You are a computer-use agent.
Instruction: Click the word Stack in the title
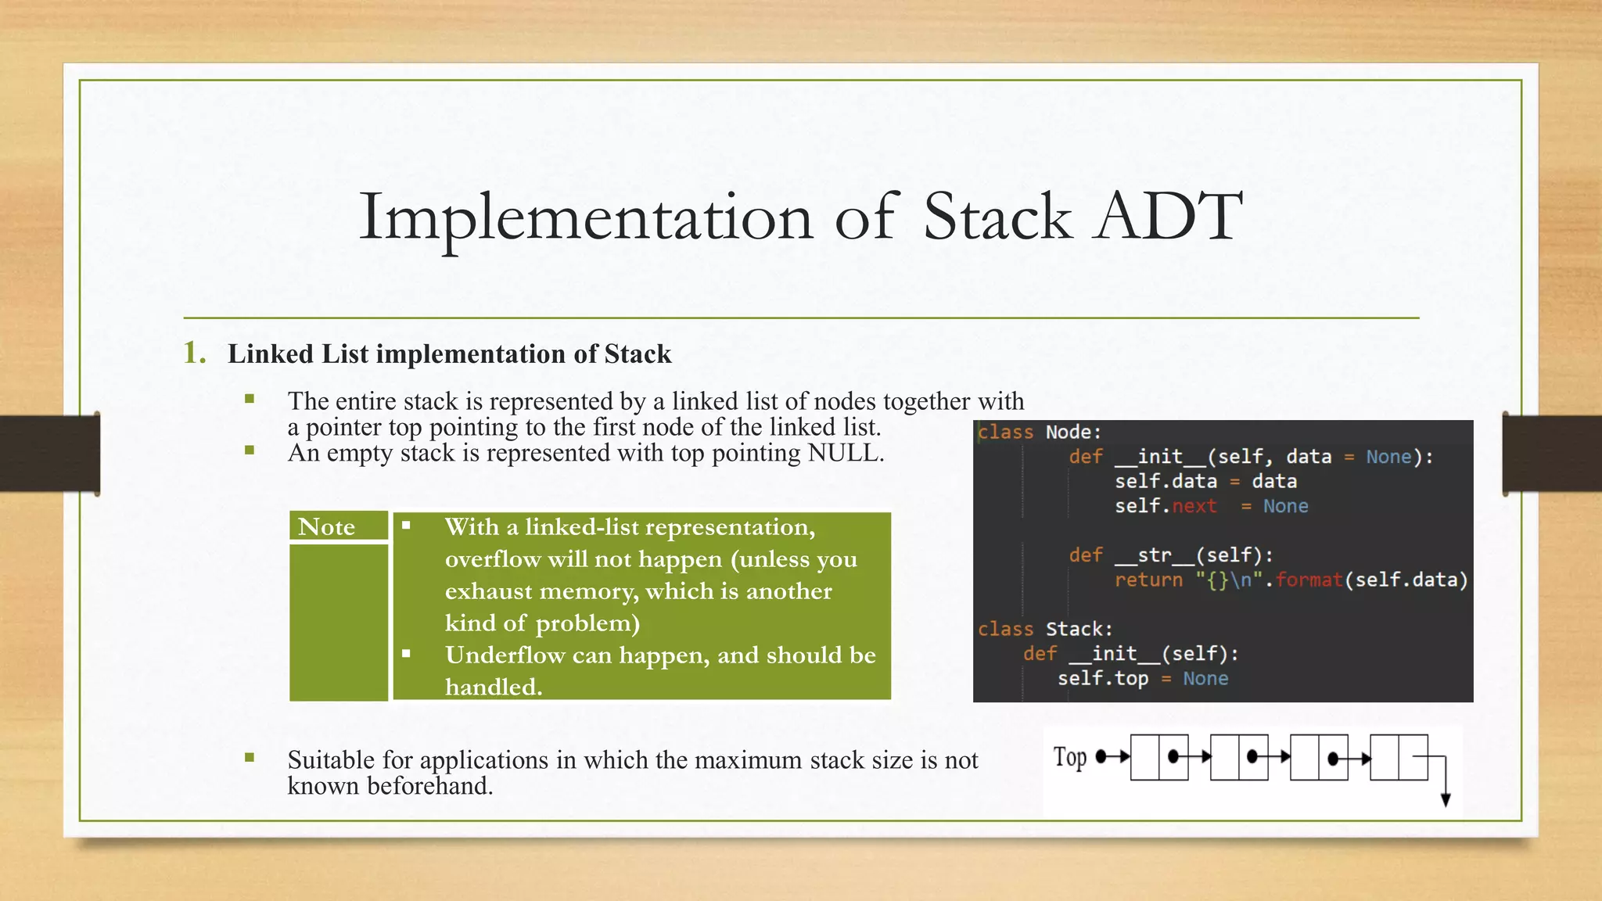tap(997, 217)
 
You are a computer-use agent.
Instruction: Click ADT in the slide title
tap(1169, 217)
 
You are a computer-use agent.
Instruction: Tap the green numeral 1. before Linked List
tap(194, 354)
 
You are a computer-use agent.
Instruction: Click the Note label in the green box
tap(326, 527)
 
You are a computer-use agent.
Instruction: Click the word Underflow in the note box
tap(505, 655)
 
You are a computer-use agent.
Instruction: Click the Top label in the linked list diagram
tap(1069, 757)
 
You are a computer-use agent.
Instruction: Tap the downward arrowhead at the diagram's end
tap(1446, 799)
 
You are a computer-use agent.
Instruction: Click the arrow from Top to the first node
tap(1114, 756)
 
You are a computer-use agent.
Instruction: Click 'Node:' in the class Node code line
tap(1073, 433)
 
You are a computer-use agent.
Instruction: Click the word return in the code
tap(1148, 580)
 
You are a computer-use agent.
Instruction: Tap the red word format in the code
tap(1309, 580)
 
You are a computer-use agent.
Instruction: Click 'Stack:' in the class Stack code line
tap(1079, 630)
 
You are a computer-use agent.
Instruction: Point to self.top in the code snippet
tap(1103, 679)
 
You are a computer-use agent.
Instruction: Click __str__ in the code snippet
tap(1155, 555)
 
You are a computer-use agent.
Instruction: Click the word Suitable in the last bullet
tap(329, 760)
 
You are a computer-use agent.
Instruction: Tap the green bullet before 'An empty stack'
tap(250, 450)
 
